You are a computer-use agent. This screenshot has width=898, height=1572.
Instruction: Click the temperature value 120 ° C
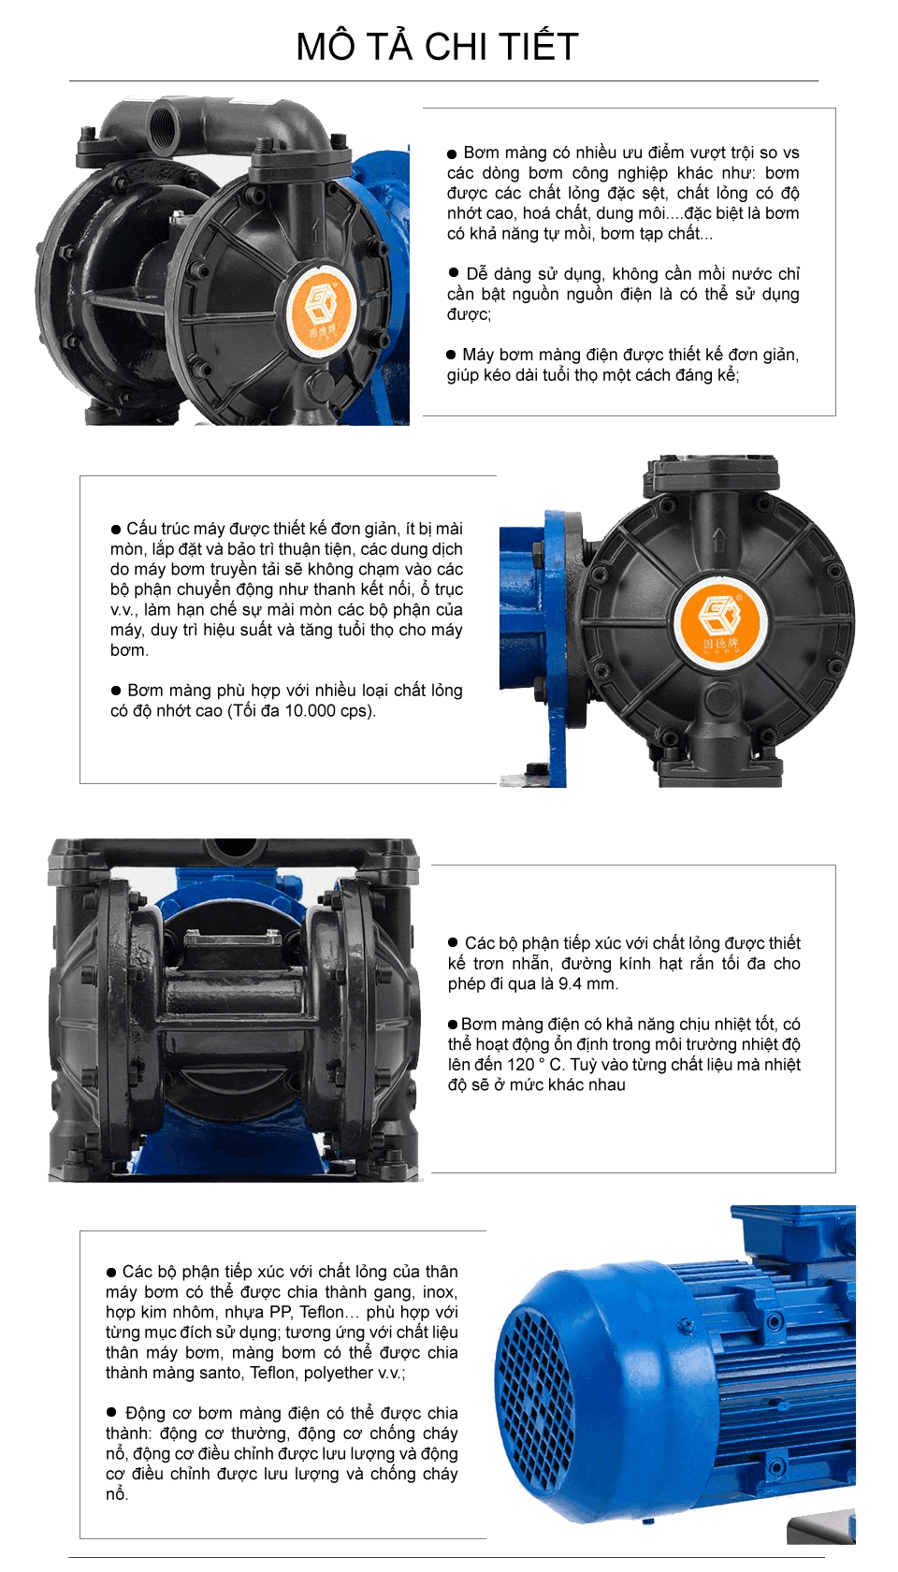(x=535, y=1064)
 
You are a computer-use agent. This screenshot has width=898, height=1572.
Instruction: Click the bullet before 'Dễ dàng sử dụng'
(x=453, y=272)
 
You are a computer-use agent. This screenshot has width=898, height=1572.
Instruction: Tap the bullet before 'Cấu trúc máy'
(x=116, y=529)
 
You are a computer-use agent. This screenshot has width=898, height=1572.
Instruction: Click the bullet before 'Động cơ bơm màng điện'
(x=110, y=1412)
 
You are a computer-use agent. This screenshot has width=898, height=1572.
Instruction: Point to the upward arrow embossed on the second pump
(x=717, y=540)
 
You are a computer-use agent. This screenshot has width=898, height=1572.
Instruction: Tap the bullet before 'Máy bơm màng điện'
(x=451, y=355)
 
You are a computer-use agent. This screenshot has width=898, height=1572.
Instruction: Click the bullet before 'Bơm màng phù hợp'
(x=116, y=691)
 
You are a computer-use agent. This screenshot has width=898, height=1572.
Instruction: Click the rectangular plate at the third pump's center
(x=232, y=939)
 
